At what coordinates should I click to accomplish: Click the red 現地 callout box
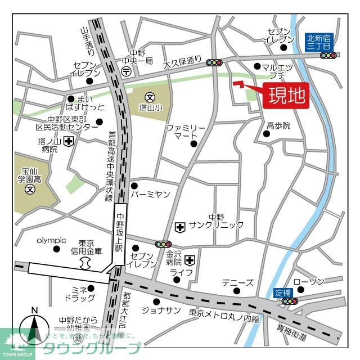[286, 95]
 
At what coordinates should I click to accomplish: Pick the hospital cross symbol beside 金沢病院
[190, 260]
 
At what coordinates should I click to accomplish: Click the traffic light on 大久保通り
[214, 62]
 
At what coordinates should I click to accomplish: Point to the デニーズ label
[237, 282]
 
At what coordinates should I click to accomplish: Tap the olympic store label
[52, 240]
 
